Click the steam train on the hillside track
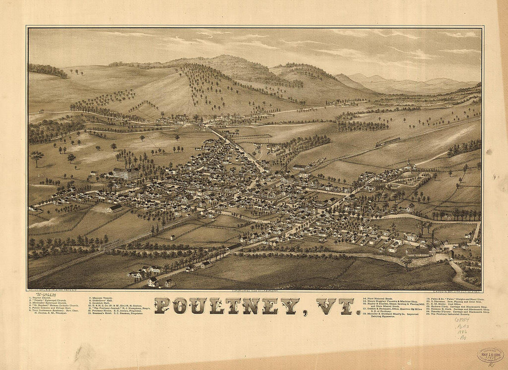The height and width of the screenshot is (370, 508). click(387, 142)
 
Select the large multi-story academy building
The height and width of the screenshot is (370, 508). click(125, 173)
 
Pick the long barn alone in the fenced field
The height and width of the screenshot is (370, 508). click(115, 209)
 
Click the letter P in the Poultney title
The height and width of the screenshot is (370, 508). click(162, 306)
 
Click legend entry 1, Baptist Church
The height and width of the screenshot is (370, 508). click(42, 298)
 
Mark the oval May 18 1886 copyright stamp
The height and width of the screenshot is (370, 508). click(490, 354)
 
